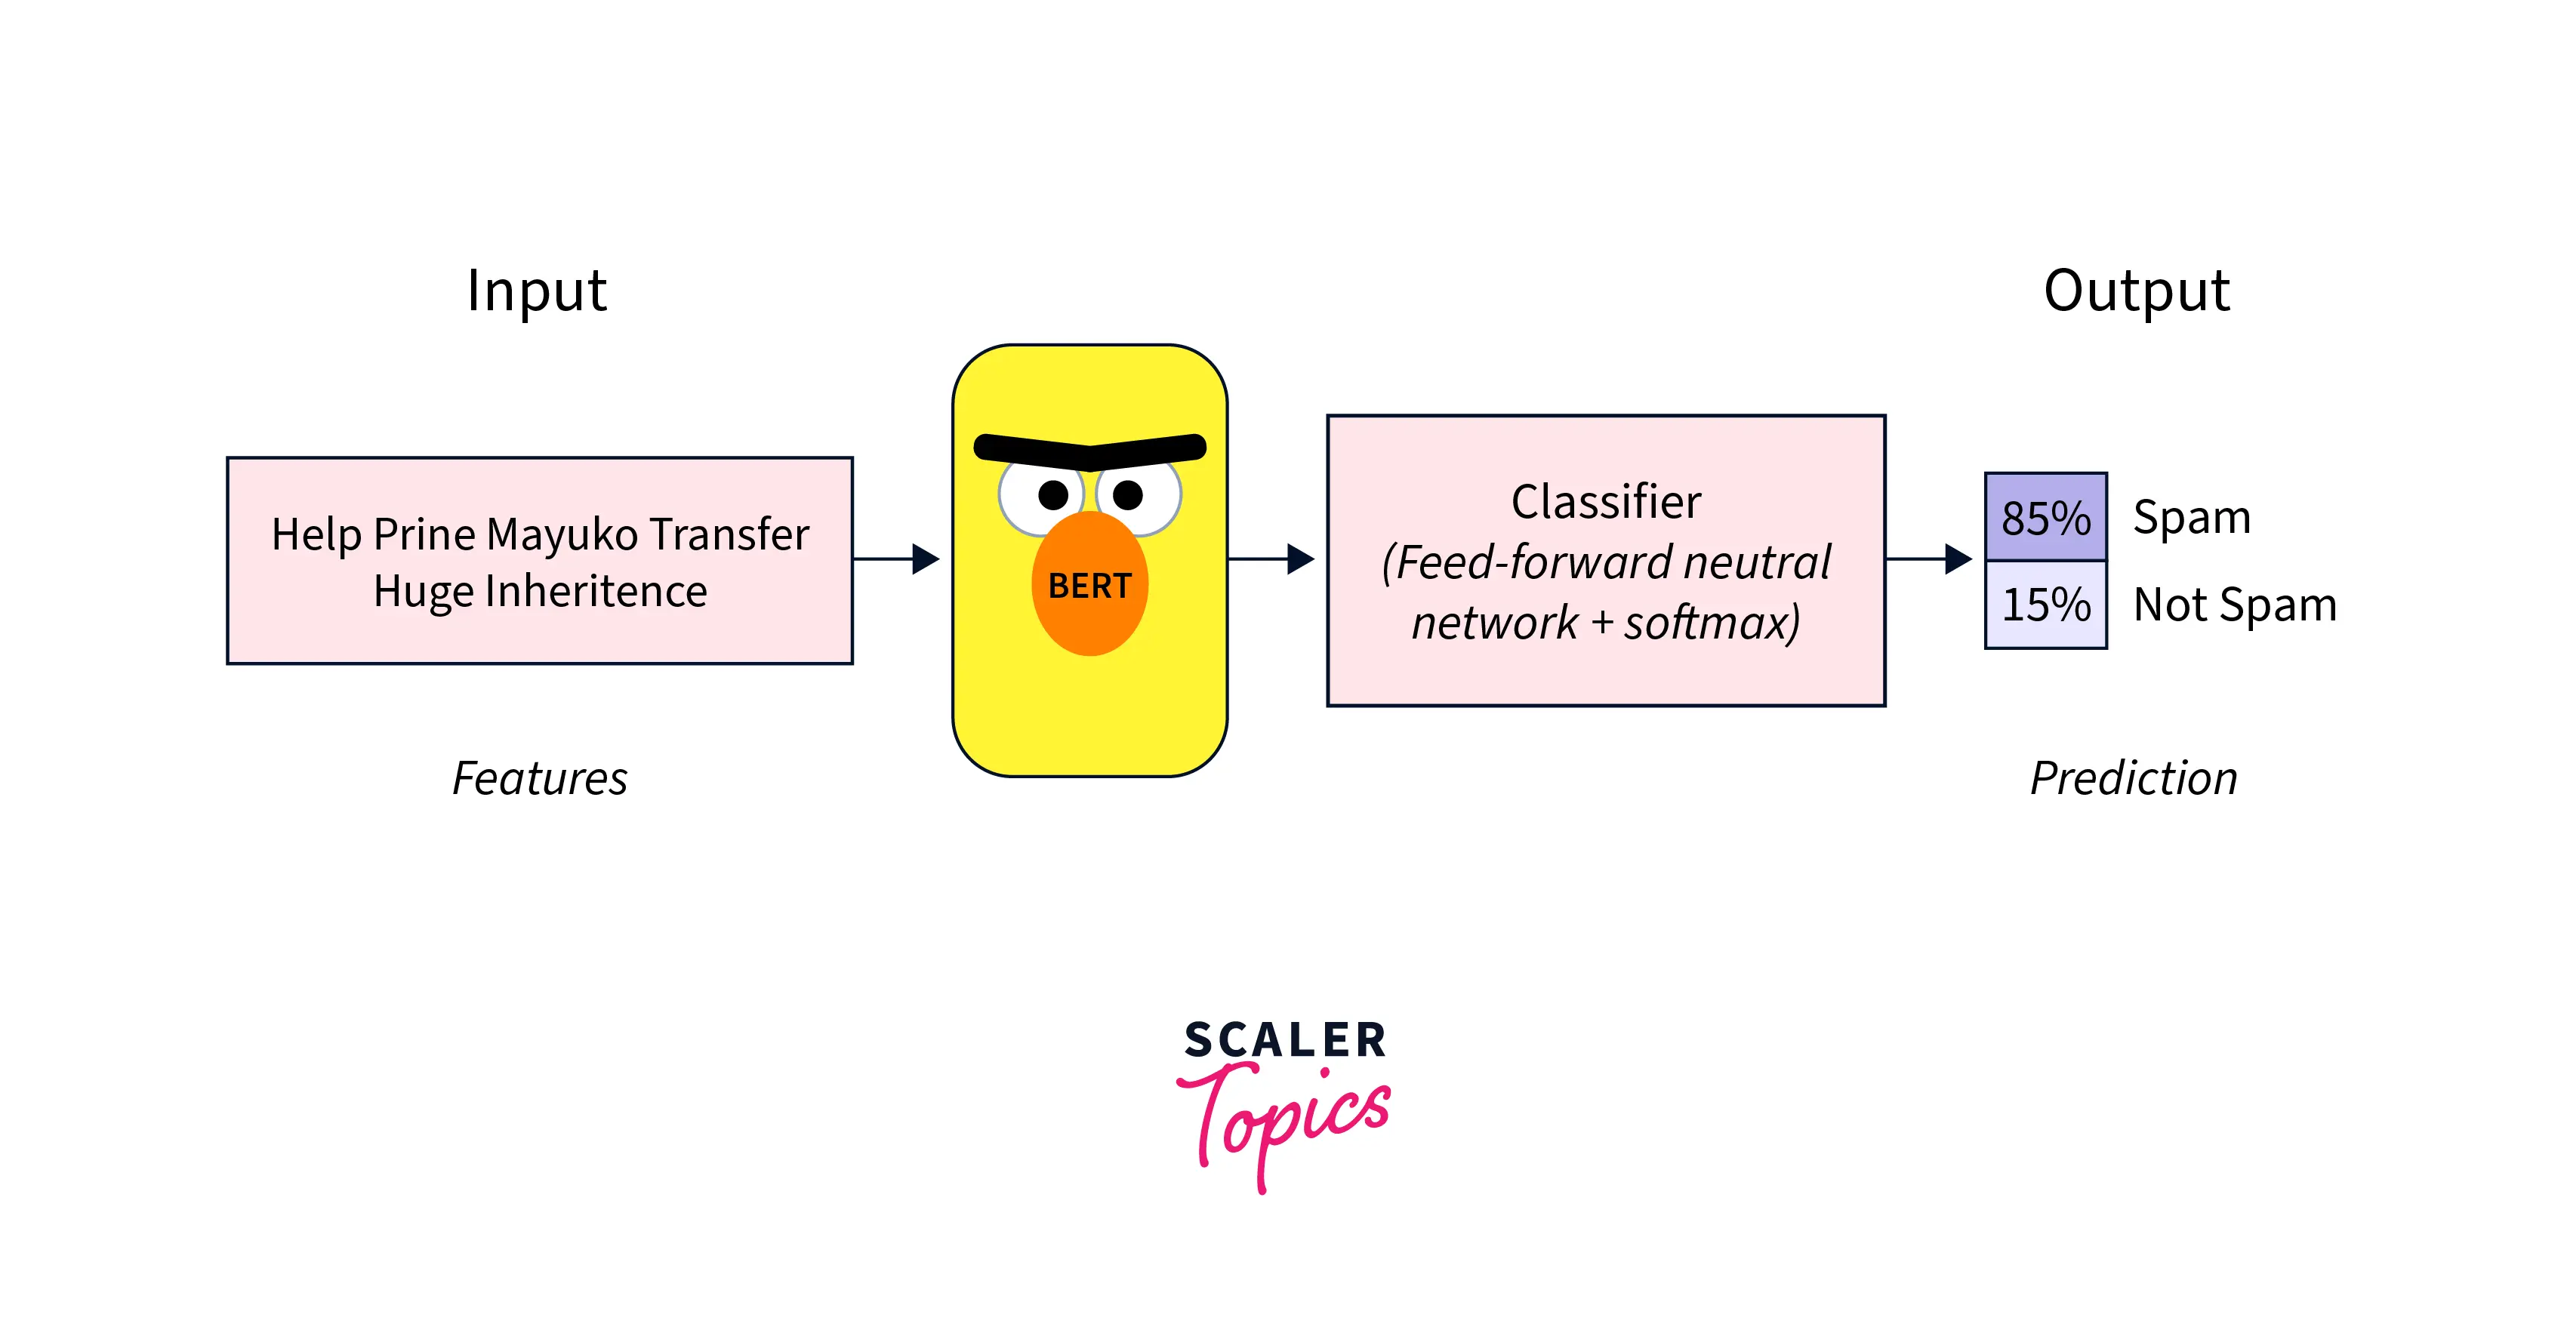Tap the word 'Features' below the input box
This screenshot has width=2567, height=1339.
540,777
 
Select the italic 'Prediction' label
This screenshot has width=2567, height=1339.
2134,777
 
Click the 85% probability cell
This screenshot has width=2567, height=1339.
2046,516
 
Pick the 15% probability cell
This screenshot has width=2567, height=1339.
2046,605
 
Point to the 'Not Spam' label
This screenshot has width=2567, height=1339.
2235,605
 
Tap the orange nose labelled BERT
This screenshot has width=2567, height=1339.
1090,583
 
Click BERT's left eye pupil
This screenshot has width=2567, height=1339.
1053,494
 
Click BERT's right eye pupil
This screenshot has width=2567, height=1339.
1127,494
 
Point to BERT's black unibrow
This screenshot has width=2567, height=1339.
1090,451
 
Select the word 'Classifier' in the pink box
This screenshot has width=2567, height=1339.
1607,501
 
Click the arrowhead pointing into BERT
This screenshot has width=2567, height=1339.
926,559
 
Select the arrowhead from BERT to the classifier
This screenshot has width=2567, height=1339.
1300,559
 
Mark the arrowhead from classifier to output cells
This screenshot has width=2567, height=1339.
1958,559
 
